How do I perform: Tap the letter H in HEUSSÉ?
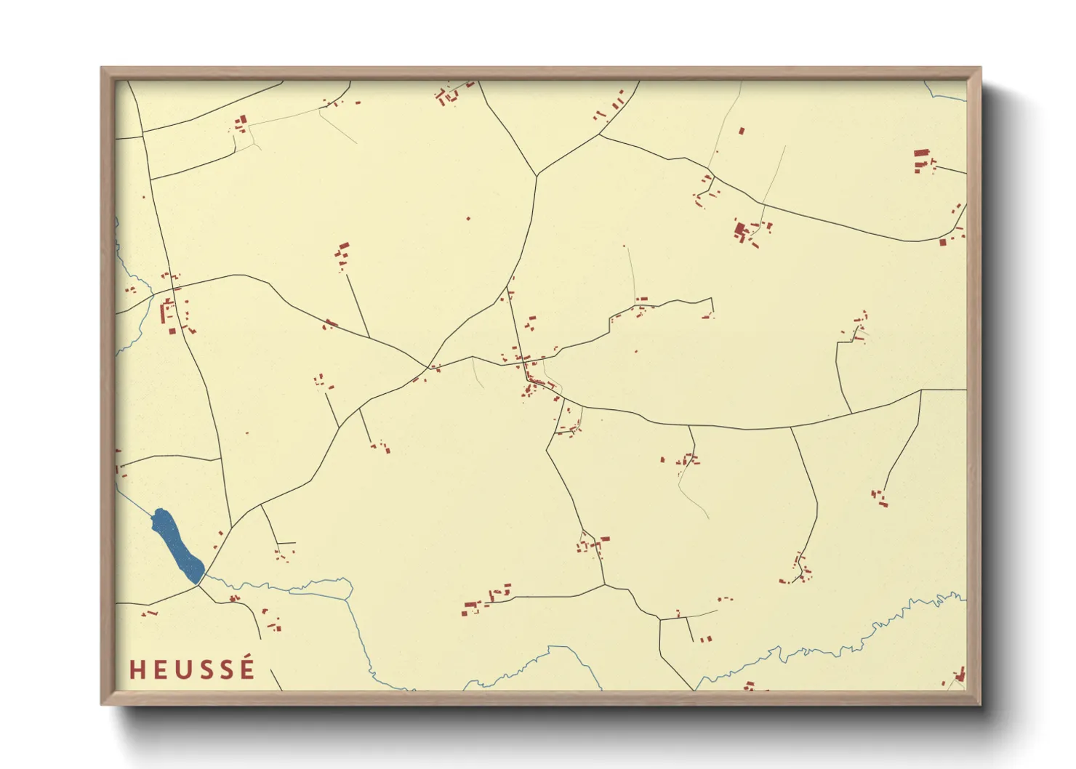[x=137, y=670]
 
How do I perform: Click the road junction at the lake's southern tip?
[x=199, y=584]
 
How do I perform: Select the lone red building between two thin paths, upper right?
[x=742, y=132]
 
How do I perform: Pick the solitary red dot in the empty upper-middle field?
[x=468, y=218]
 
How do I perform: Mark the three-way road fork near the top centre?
[x=537, y=175]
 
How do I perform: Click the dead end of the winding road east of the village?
[x=711, y=313]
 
